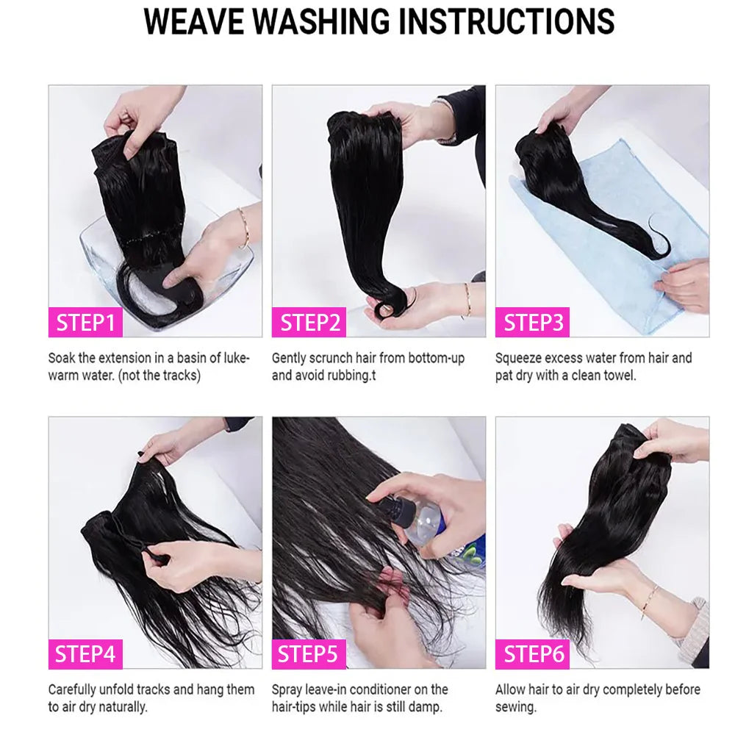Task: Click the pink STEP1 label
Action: click(85, 323)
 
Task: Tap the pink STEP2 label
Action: click(309, 323)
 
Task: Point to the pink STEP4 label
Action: click(85, 653)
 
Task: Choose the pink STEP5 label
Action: click(309, 653)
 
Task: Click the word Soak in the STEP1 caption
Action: click(62, 358)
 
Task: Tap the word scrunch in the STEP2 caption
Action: click(329, 358)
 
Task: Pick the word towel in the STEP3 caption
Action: click(619, 375)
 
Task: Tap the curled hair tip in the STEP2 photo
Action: click(385, 309)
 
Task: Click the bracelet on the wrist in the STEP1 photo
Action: click(243, 226)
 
